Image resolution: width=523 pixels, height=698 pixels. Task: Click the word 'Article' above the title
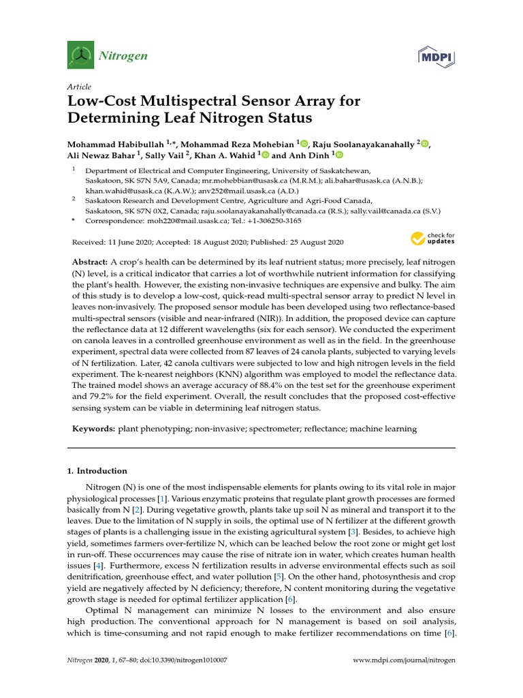coord(80,87)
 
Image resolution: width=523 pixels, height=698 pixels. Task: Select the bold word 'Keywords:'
coord(94,429)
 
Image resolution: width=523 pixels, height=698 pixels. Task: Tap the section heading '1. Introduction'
coord(97,471)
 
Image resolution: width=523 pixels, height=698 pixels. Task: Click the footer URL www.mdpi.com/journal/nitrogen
coord(404,661)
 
